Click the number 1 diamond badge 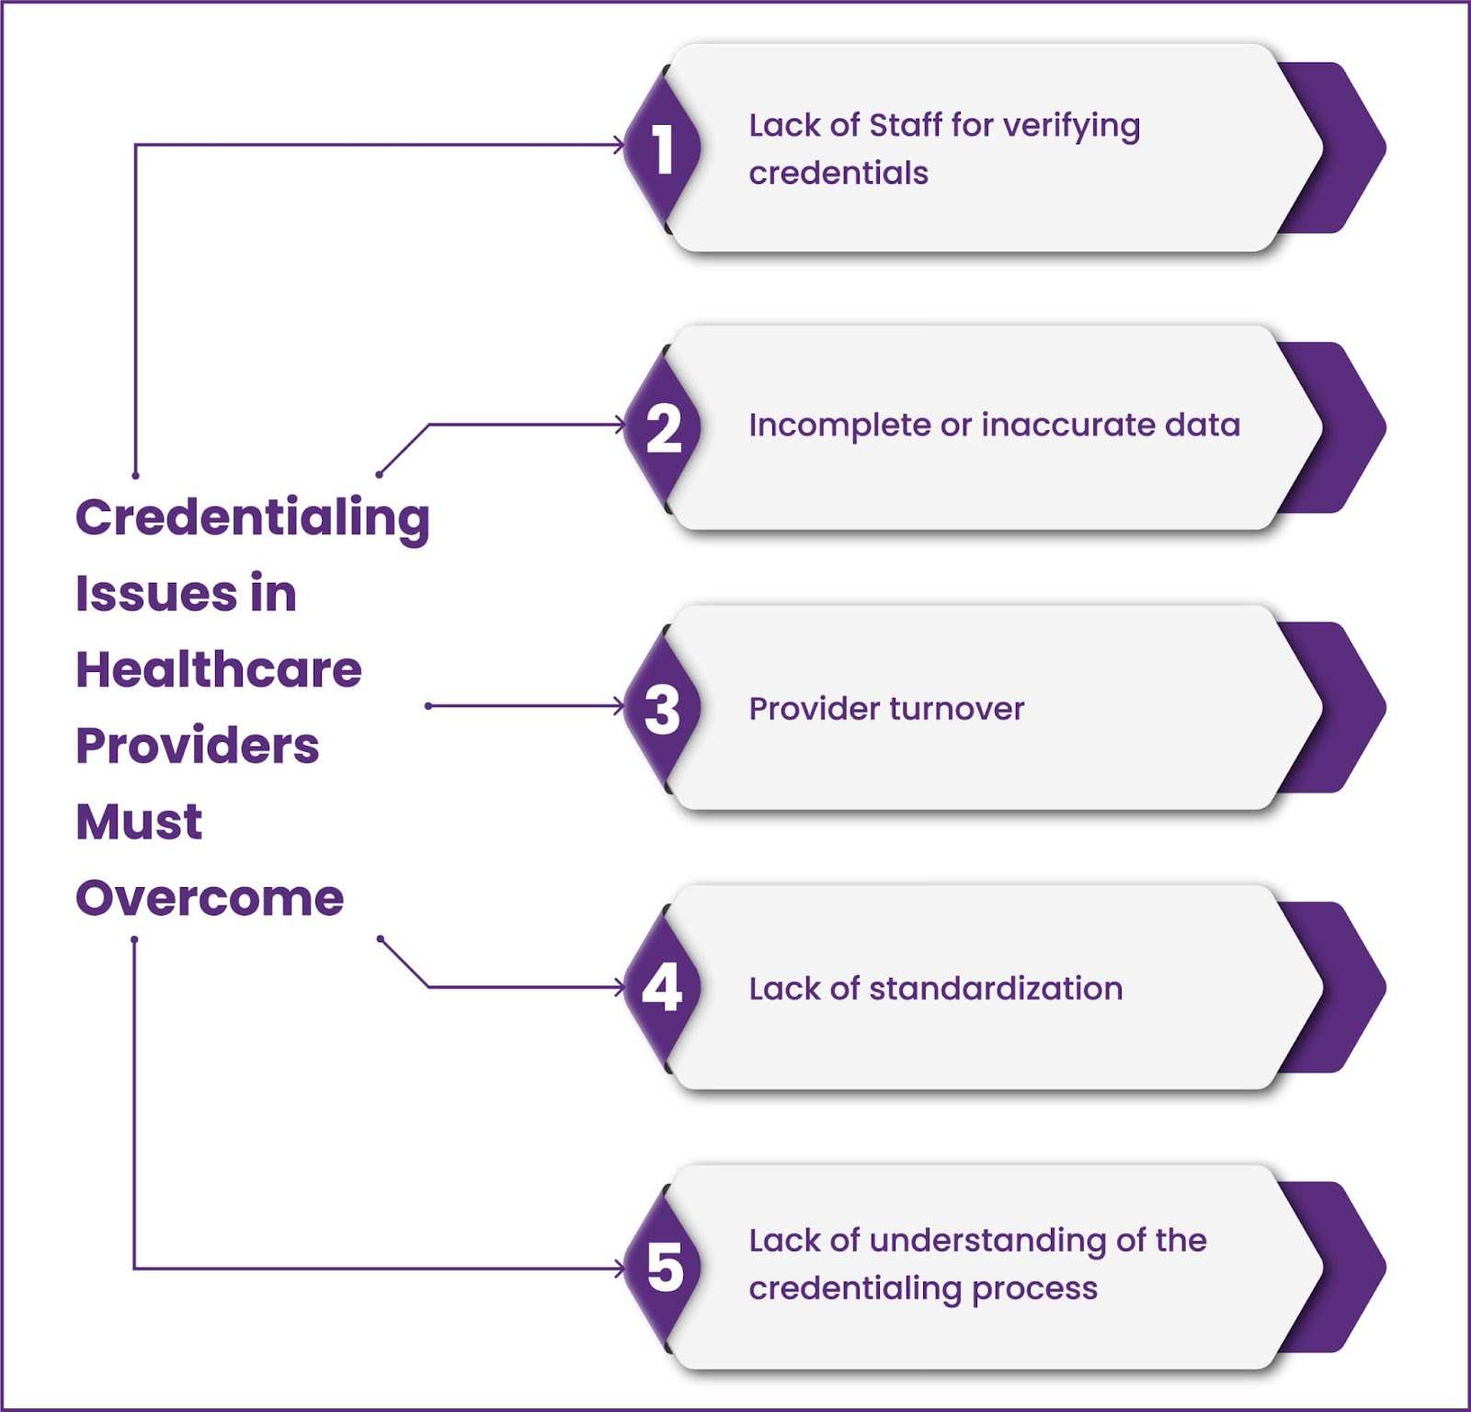click(662, 148)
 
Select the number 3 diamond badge click(662, 708)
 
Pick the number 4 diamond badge click(662, 988)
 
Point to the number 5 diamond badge click(662, 1268)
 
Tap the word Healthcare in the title click(219, 668)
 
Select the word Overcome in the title click(210, 897)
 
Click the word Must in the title click(139, 821)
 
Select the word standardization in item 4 click(996, 988)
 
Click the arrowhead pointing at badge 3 click(620, 706)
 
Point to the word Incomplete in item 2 click(840, 427)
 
